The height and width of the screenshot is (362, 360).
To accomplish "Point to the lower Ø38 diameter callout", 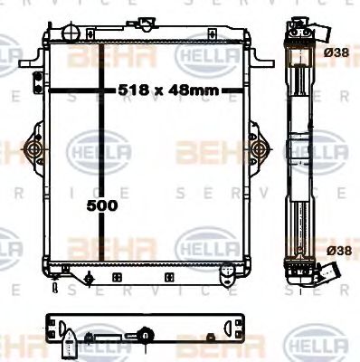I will [338, 249].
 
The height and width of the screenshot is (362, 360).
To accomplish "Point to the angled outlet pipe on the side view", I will [336, 271].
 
